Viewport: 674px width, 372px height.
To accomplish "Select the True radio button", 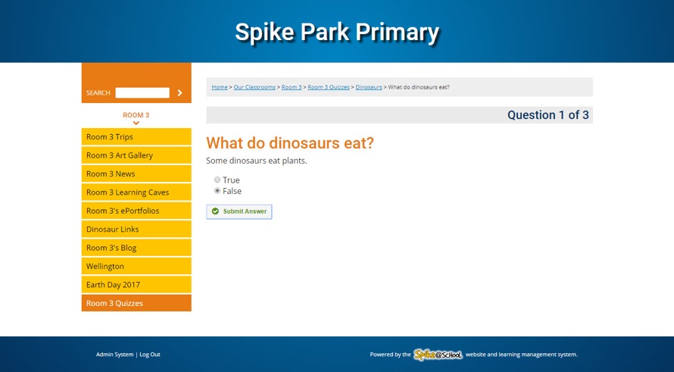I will pyautogui.click(x=217, y=180).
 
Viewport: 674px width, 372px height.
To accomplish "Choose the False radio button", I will pyautogui.click(x=217, y=191).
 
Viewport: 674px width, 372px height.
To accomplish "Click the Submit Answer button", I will pyautogui.click(x=239, y=211).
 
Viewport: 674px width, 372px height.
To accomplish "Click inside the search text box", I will pyautogui.click(x=142, y=92).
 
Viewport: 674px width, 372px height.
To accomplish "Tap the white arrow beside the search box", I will pyautogui.click(x=179, y=92).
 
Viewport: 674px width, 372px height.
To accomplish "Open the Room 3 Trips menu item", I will pyautogui.click(x=136, y=137).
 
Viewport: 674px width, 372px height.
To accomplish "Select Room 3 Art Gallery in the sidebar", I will pyautogui.click(x=136, y=155).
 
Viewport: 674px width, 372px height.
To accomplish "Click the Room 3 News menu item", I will pyautogui.click(x=136, y=173).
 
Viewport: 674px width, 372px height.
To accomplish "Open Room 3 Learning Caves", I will pyautogui.click(x=136, y=192).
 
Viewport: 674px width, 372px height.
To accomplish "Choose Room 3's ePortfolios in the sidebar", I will pyautogui.click(x=136, y=211).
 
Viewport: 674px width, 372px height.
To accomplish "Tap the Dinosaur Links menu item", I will pyautogui.click(x=136, y=229).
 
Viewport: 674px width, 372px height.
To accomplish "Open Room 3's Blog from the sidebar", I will pyautogui.click(x=136, y=248).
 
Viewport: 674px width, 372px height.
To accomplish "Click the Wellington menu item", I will pyautogui.click(x=136, y=266).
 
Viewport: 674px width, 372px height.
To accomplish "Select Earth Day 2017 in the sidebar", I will pyautogui.click(x=136, y=285).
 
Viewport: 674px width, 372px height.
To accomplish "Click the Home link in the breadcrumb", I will pyautogui.click(x=220, y=87).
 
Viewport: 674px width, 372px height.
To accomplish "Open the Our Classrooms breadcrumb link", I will pyautogui.click(x=254, y=87).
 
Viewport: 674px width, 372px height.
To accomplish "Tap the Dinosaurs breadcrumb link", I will pyautogui.click(x=369, y=87).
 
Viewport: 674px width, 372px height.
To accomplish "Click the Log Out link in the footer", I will pyautogui.click(x=150, y=355).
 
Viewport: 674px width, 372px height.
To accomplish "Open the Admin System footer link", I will pyautogui.click(x=114, y=355).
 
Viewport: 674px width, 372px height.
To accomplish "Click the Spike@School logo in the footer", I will pyautogui.click(x=438, y=355).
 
